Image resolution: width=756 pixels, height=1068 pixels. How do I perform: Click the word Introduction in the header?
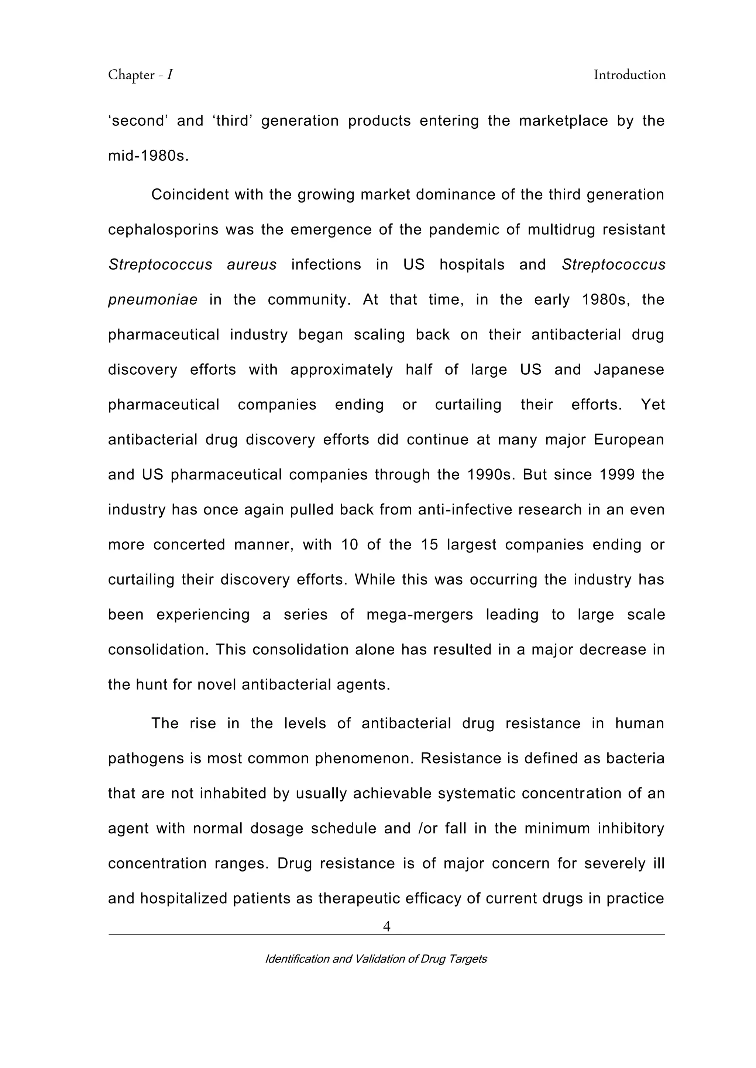coord(629,75)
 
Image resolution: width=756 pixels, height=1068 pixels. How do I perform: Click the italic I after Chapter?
coord(170,75)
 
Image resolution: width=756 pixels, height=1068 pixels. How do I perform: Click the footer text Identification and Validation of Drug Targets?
coord(376,959)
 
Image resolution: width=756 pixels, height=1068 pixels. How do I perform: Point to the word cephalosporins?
coord(163,230)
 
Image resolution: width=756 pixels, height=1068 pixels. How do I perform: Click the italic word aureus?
coord(251,265)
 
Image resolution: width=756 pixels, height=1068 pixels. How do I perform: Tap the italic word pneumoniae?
coord(153,299)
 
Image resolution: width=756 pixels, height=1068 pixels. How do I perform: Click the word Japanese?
coord(629,370)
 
